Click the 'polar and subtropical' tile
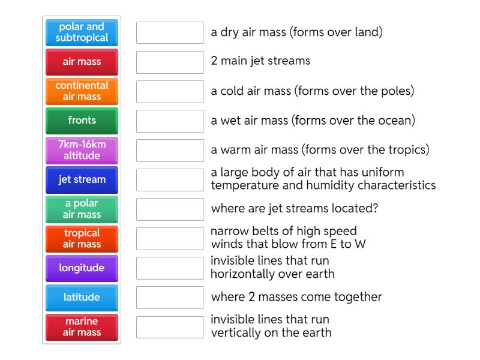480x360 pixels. pyautogui.click(x=82, y=32)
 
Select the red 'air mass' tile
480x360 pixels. pyautogui.click(x=82, y=62)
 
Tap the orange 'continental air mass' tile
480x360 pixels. pyautogui.click(x=82, y=91)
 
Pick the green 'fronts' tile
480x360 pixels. pyautogui.click(x=82, y=121)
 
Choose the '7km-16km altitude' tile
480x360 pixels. pyautogui.click(x=82, y=150)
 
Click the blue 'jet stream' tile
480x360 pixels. pyautogui.click(x=82, y=179)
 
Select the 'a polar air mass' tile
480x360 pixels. pyautogui.click(x=82, y=209)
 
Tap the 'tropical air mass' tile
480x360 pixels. pyautogui.click(x=82, y=238)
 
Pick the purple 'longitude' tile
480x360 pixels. pyautogui.click(x=82, y=268)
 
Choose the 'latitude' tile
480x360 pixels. pyautogui.click(x=82, y=297)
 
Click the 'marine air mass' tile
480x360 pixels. pyautogui.click(x=82, y=326)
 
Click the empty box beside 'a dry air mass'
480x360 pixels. pyautogui.click(x=170, y=32)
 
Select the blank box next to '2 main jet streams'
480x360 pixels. pyautogui.click(x=170, y=62)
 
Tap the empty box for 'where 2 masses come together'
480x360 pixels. pyautogui.click(x=170, y=297)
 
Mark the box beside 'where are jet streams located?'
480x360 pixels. pyautogui.click(x=170, y=209)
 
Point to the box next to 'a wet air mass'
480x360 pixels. pyautogui.click(x=170, y=121)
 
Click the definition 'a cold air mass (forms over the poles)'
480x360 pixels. pyautogui.click(x=313, y=91)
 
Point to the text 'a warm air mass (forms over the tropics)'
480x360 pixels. pyautogui.click(x=320, y=150)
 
